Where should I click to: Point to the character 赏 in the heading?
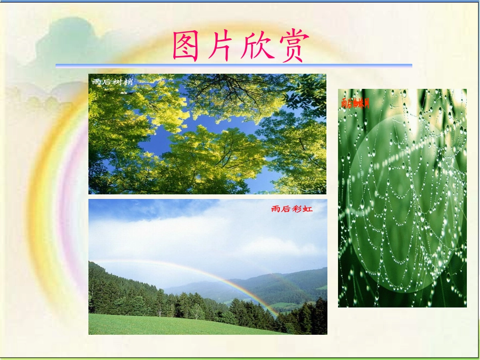[x=292, y=46]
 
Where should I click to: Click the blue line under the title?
[x=233, y=65]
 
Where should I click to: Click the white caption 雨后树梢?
[x=113, y=81]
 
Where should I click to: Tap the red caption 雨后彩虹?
[x=292, y=209]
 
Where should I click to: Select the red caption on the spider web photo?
[x=355, y=103]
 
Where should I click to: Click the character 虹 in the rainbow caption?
[x=308, y=209]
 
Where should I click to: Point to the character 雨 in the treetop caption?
[x=96, y=81]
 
